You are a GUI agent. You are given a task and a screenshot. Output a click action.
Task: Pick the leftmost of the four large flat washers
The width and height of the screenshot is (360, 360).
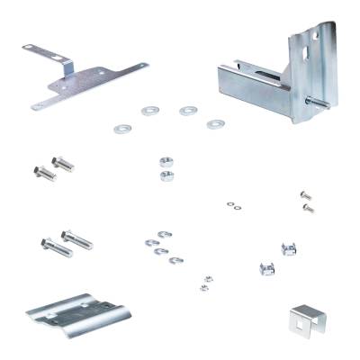(120, 129)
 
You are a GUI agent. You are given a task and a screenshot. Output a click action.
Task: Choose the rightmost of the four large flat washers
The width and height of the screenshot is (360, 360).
(214, 123)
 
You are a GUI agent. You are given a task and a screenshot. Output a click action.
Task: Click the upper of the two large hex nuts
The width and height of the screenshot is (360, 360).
(165, 162)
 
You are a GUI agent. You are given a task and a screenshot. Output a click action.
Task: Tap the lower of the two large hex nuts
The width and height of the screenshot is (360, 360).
(166, 175)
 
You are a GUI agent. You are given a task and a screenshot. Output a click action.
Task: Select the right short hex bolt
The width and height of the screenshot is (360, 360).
(63, 164)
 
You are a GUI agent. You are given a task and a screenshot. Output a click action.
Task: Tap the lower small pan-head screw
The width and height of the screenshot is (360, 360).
(309, 208)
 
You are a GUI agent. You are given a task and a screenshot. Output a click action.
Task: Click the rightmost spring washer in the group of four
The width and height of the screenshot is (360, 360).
(173, 261)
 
